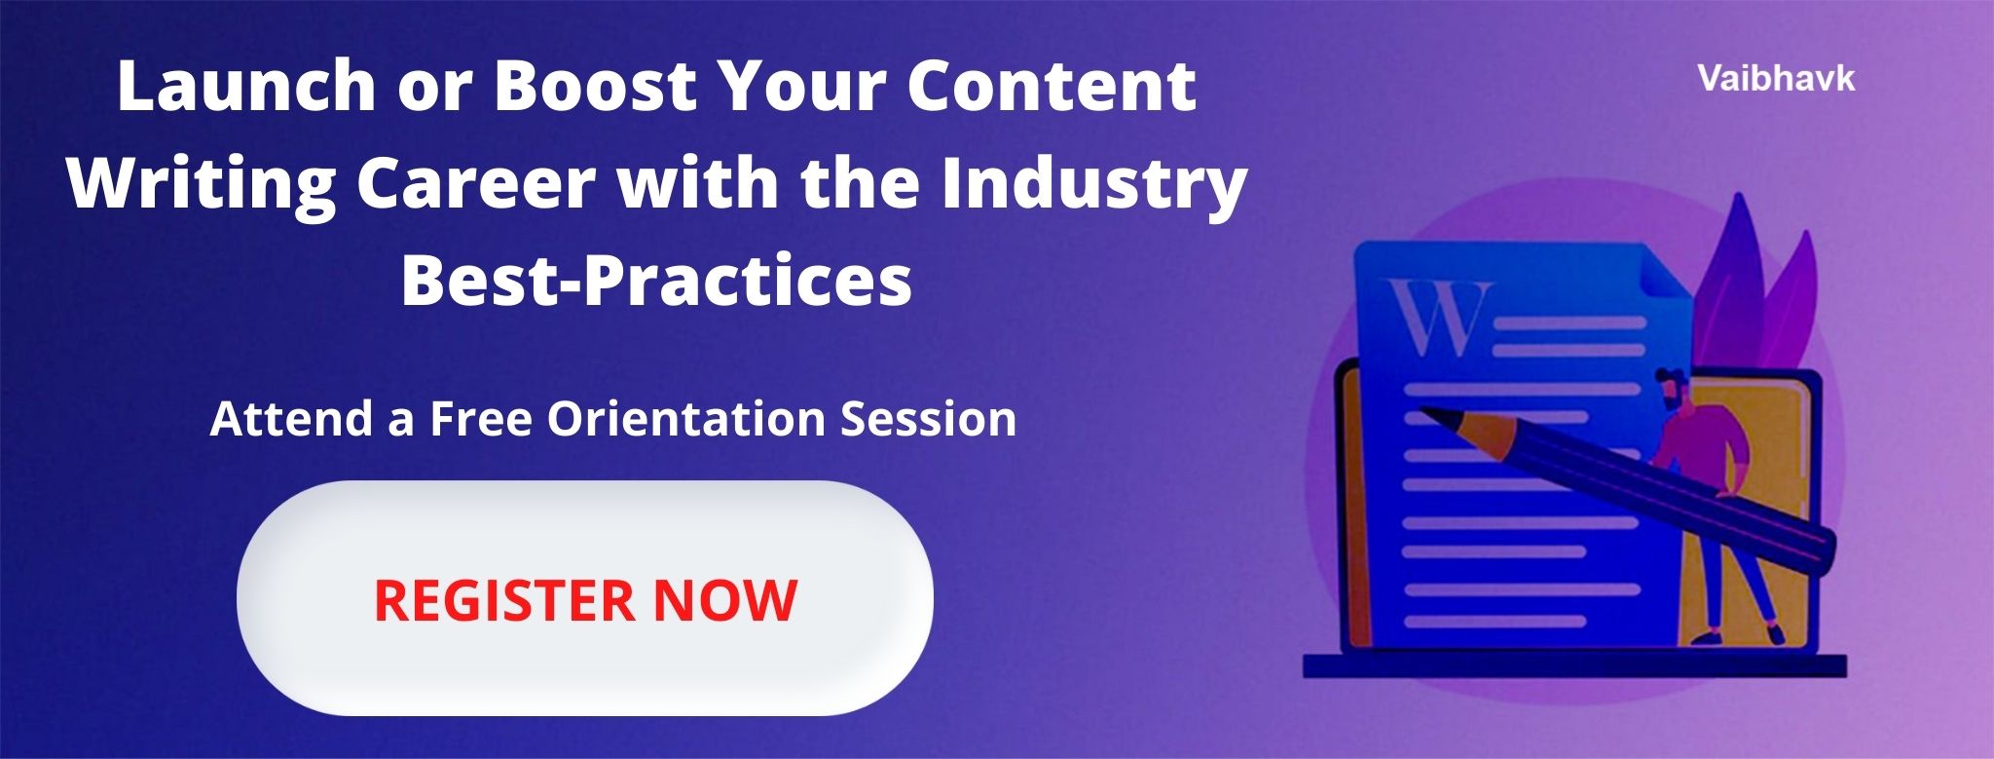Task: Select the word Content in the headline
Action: (1052, 86)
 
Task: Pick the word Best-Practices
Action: (656, 282)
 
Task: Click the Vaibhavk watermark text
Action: (1777, 79)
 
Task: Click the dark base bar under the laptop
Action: (1574, 665)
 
